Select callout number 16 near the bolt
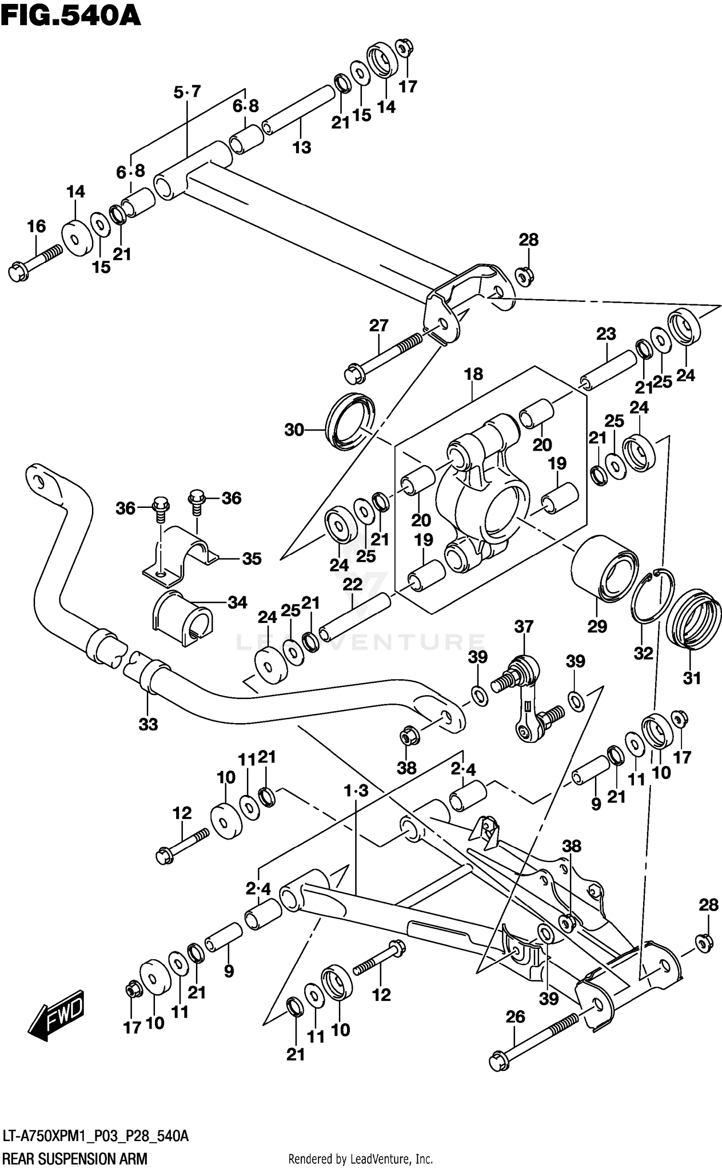click(37, 226)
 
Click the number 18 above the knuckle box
click(473, 374)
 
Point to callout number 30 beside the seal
click(294, 429)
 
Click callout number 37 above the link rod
click(524, 626)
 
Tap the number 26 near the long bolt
click(515, 1017)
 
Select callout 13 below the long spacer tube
click(302, 147)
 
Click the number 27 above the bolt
click(378, 325)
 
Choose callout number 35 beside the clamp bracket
click(251, 558)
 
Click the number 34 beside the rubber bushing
click(237, 602)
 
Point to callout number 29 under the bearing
click(597, 626)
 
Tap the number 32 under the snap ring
click(644, 653)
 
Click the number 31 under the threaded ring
click(692, 678)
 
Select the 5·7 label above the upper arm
click(187, 91)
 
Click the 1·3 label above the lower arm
click(356, 790)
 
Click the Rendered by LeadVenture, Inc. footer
click(360, 1158)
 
